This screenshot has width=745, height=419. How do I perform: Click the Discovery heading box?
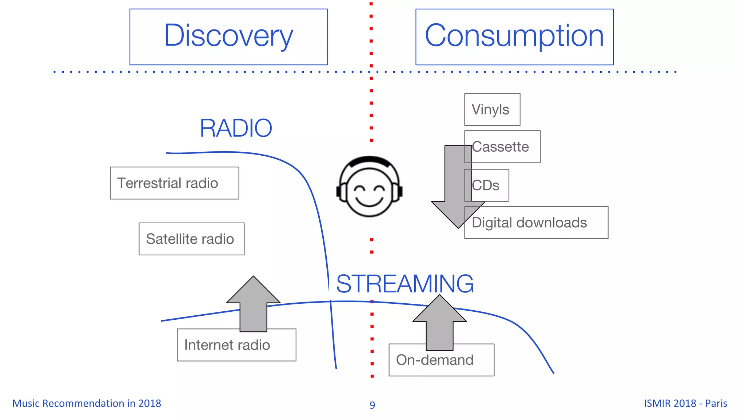[x=228, y=37]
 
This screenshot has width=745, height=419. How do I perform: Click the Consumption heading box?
[x=514, y=37]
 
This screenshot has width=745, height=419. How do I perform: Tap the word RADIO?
[x=236, y=128]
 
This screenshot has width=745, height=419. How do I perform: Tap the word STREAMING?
[x=405, y=284]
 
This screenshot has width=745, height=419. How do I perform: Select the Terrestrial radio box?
[x=174, y=183]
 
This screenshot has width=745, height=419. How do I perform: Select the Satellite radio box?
[x=191, y=239]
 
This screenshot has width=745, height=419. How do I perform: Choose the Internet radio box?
[x=236, y=345]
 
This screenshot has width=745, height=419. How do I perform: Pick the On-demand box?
[x=441, y=360]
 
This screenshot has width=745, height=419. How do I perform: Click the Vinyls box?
[x=492, y=109]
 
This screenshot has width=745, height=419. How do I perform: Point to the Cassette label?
[x=501, y=147]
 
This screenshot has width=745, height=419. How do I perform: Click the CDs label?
[x=486, y=185]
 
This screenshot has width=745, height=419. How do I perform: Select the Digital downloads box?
[x=536, y=223]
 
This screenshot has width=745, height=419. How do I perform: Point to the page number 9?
[x=372, y=405]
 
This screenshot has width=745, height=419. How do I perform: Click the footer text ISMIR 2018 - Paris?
[x=685, y=403]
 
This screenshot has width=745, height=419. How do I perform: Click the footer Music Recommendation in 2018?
[x=87, y=403]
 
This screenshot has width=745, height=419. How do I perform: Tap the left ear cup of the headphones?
[x=341, y=192]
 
